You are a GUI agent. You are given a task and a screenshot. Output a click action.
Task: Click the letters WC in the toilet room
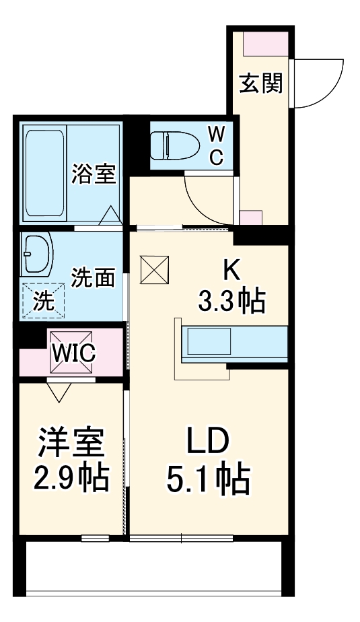pos(217,145)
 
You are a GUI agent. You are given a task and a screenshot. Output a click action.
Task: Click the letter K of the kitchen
pos(231,271)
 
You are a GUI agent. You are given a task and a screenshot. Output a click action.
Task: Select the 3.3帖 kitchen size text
pos(231,300)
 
